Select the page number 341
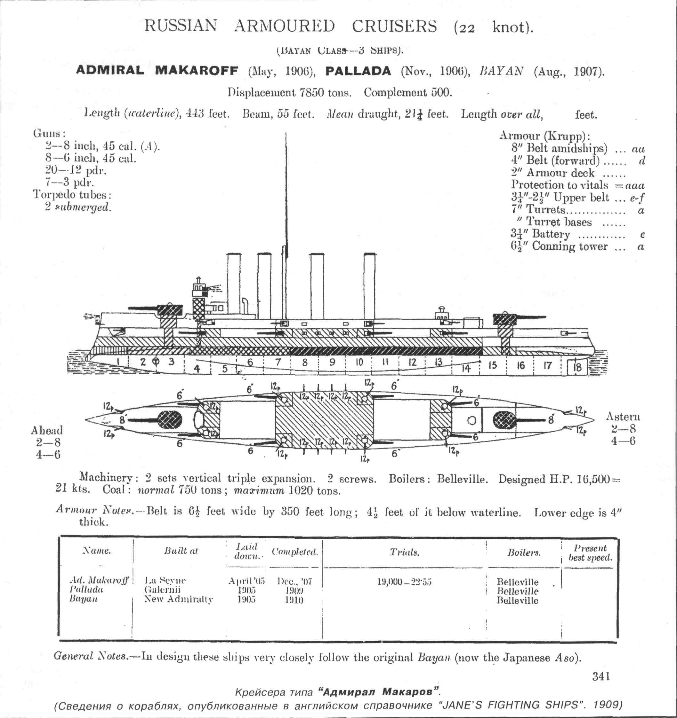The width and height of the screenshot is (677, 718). click(601, 676)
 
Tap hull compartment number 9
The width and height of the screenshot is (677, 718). click(332, 362)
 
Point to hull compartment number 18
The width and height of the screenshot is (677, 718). click(577, 367)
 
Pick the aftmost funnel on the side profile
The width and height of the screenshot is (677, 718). click(370, 285)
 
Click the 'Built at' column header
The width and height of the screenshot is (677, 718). click(181, 551)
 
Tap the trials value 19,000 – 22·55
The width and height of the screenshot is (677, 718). click(404, 582)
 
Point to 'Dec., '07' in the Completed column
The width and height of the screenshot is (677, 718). click(294, 581)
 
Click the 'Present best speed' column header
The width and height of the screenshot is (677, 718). click(590, 553)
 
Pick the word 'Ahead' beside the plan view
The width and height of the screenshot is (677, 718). click(47, 430)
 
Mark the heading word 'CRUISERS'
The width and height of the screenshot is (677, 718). click(394, 26)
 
